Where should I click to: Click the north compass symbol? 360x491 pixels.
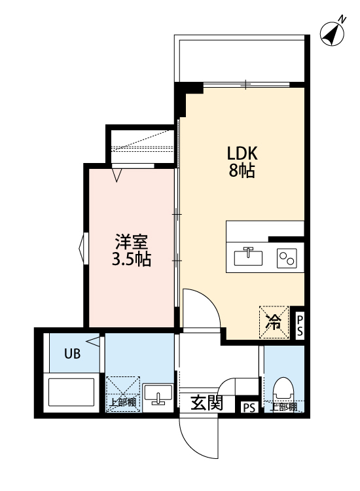tap(334, 33)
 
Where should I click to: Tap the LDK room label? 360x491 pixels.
tap(243, 155)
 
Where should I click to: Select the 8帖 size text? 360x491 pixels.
tap(243, 172)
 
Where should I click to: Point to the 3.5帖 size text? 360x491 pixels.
tap(130, 259)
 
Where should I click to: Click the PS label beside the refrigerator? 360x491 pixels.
tap(299, 325)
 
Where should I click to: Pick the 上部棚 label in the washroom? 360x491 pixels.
tap(123, 403)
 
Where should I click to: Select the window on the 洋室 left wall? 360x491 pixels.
tap(82, 249)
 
